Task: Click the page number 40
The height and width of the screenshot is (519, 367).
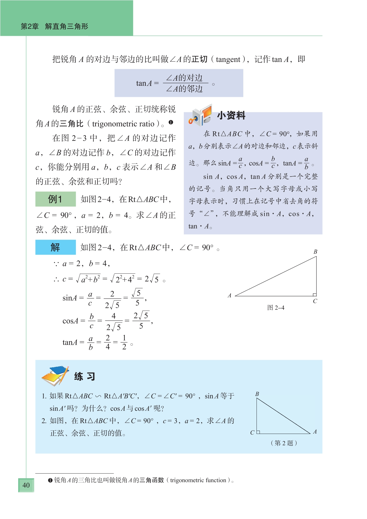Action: [26, 485]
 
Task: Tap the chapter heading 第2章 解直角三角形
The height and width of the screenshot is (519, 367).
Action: [55, 26]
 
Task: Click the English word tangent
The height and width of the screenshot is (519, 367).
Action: [228, 59]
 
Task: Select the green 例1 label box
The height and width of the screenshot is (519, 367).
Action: [55, 199]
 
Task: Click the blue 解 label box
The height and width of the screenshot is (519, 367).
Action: [55, 247]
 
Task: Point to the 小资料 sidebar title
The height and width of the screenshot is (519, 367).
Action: [231, 115]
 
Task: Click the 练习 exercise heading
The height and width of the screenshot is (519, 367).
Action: [85, 376]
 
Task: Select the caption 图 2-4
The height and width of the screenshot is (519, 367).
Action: [276, 308]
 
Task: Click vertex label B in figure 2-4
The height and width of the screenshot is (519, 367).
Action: [315, 252]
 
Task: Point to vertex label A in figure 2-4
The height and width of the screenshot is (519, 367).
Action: [230, 295]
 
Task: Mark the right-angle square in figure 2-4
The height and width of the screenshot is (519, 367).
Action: [314, 294]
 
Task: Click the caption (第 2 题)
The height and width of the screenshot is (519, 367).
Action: [284, 443]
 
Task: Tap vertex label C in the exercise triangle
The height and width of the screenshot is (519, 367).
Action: [252, 433]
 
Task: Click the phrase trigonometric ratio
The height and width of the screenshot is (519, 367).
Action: [123, 124]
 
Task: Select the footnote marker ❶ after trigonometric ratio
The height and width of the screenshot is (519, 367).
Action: [171, 123]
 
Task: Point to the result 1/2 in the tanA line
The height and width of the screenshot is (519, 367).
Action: [124, 342]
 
